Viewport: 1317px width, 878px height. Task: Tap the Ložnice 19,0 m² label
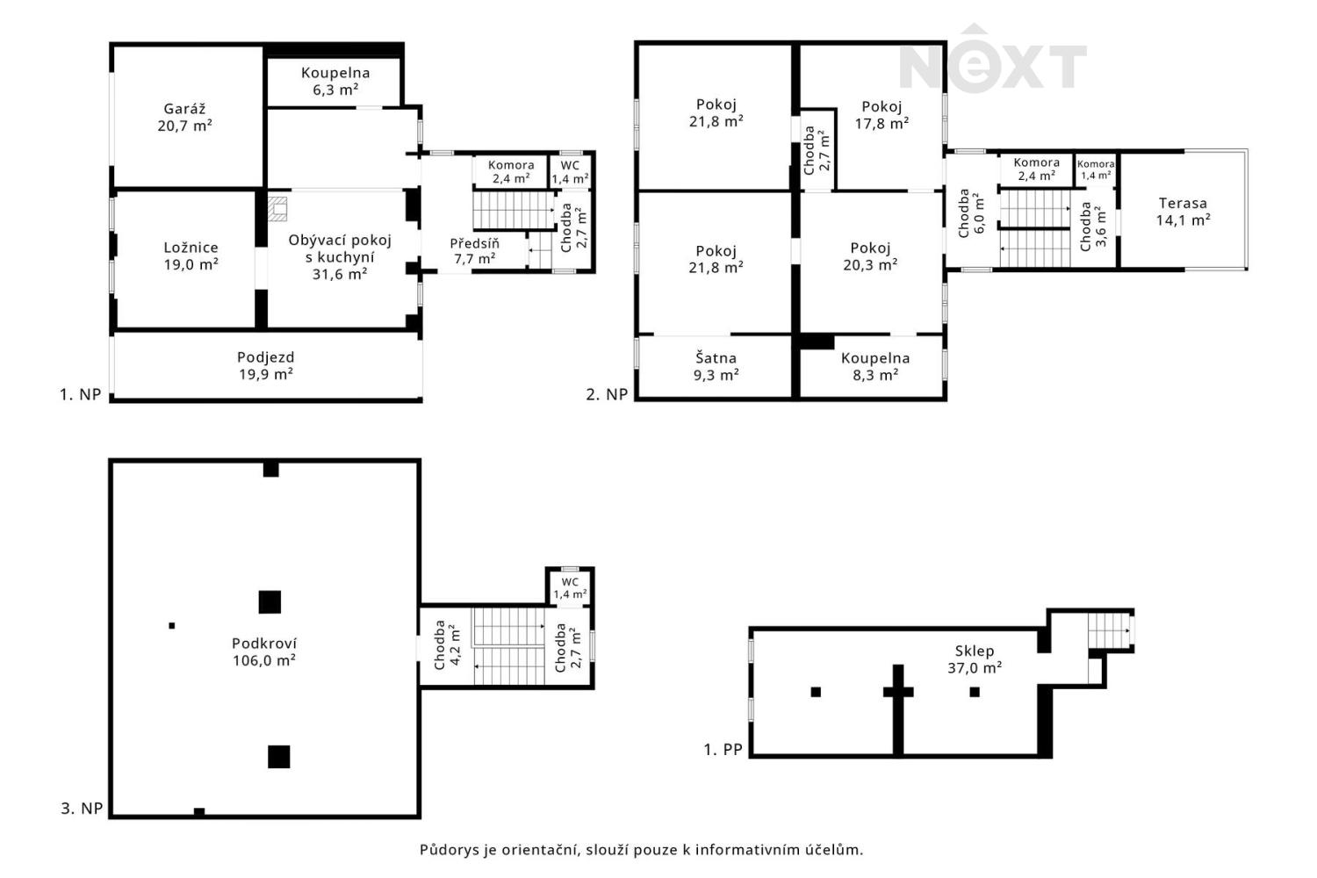191,255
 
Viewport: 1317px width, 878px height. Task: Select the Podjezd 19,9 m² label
266,365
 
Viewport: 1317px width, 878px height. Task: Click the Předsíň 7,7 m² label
474,251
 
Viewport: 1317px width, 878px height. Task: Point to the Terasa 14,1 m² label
1183,211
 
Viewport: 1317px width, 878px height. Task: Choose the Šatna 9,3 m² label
716,366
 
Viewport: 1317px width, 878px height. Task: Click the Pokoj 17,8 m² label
882,115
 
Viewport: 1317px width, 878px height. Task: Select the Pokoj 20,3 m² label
870,256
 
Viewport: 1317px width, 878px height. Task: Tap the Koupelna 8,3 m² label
874,366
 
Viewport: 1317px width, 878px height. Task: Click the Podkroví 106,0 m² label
264,651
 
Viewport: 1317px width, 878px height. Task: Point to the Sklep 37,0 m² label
975,658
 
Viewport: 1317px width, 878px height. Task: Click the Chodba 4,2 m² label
447,645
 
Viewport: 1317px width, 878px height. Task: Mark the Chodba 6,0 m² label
971,212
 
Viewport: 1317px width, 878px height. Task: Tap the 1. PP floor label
723,749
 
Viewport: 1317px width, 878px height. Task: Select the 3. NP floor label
82,808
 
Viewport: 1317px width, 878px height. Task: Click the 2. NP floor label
607,394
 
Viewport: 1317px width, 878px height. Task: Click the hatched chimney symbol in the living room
277,208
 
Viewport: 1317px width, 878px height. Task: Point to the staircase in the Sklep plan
1110,630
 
